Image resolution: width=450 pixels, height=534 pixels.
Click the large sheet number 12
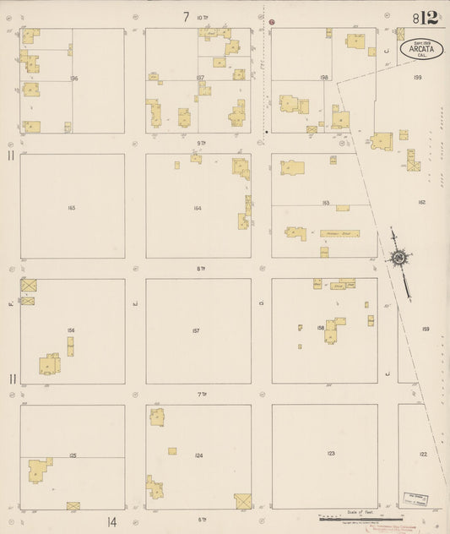[426, 18]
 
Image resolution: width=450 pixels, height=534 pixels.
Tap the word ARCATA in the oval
[421, 48]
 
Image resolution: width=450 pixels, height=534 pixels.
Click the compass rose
[398, 258]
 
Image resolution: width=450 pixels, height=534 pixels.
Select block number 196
[74, 79]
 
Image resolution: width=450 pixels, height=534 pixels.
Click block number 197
[200, 77]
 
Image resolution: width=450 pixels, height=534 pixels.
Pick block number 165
[72, 207]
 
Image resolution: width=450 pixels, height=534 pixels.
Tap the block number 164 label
[197, 207]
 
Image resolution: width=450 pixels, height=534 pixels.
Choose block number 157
[196, 330]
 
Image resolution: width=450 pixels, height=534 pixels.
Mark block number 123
[331, 454]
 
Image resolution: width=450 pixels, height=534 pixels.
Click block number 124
[198, 456]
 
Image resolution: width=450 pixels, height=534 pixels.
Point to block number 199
[417, 77]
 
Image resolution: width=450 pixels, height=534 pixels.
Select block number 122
[423, 454]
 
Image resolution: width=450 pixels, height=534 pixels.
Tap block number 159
[426, 330]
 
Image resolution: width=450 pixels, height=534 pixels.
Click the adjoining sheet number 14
[111, 522]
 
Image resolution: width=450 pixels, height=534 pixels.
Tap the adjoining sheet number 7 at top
[185, 17]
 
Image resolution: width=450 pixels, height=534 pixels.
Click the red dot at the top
[272, 20]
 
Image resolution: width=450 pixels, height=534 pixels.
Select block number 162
[421, 203]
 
